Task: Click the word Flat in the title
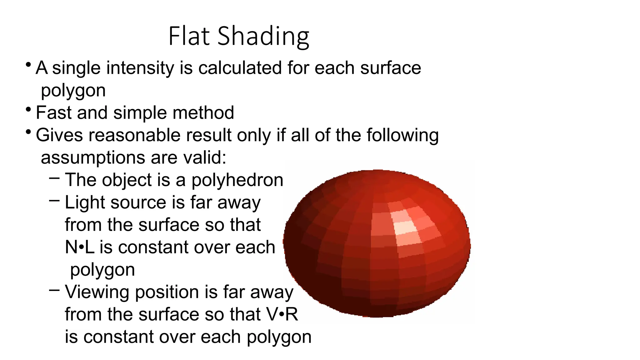pos(189,36)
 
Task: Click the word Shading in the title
pos(263,37)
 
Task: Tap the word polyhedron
pos(237,180)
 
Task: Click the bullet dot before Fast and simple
pos(28,110)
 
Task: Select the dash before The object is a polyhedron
pos(54,178)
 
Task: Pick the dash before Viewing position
pos(54,290)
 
